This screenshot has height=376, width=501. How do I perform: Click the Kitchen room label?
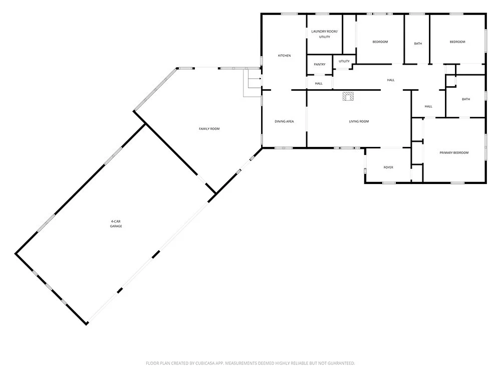[x=285, y=56]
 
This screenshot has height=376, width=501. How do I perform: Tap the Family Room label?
[x=209, y=129]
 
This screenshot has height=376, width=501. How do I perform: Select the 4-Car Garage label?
[x=116, y=224]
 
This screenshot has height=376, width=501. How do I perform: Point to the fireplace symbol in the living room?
[x=348, y=96]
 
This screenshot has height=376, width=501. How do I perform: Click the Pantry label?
[x=320, y=65]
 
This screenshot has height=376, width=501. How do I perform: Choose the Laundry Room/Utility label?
[x=324, y=34]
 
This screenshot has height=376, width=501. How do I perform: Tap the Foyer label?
[x=388, y=167]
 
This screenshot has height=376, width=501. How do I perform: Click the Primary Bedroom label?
[x=454, y=153]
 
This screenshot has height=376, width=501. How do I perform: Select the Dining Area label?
[x=284, y=121]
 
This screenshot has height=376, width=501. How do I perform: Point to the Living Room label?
[x=359, y=121]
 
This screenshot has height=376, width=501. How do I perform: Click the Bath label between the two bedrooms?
[x=418, y=44]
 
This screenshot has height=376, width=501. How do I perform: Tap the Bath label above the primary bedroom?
[x=466, y=99]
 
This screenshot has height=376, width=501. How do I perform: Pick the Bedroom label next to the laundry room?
[x=380, y=42]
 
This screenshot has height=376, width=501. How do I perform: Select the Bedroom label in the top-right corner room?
[x=457, y=42]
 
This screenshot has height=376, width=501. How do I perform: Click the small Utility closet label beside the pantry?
[x=344, y=61]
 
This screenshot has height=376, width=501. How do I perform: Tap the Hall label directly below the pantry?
[x=319, y=83]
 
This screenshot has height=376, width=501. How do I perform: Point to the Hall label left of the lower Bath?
[x=428, y=106]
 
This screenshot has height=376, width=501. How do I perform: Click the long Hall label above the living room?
[x=391, y=80]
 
